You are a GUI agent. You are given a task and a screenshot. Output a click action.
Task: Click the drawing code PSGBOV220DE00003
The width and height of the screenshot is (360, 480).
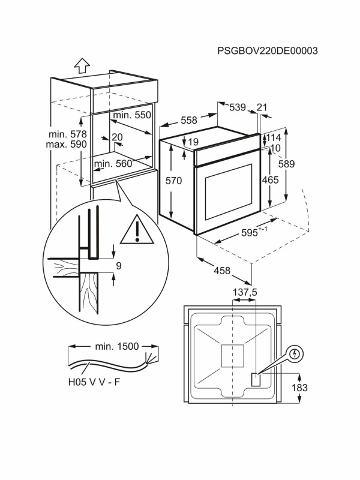267,50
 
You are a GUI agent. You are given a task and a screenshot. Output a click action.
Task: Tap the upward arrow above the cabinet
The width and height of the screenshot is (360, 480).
82,65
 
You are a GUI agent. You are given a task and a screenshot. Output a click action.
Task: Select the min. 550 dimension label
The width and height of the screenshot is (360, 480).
132,115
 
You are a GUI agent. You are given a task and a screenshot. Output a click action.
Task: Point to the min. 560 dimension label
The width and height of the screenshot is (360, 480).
113,163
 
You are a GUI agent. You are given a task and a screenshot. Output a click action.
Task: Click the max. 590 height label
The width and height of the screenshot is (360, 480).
67,144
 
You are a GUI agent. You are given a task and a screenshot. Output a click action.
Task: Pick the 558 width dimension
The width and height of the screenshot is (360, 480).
189,120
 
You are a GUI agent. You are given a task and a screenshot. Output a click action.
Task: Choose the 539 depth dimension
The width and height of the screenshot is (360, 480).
238,107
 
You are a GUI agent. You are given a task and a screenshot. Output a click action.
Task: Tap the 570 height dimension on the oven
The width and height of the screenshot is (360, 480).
173,181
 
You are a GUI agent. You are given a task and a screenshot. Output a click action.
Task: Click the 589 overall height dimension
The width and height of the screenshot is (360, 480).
287,164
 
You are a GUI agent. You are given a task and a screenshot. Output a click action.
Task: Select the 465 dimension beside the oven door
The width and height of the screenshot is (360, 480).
271,179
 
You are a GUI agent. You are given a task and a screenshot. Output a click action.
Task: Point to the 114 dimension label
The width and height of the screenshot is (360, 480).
274,137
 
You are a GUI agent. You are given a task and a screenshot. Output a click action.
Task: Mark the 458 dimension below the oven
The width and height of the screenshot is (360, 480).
222,271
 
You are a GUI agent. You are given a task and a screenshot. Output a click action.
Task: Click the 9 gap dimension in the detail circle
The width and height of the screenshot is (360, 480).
119,266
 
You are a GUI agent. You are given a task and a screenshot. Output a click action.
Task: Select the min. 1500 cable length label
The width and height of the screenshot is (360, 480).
117,346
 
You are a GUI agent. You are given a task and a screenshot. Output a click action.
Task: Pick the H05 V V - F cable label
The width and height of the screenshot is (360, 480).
94,382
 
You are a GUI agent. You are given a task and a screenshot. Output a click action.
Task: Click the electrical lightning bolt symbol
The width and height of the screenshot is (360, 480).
295,355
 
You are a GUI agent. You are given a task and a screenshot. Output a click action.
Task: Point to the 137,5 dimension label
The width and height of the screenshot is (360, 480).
245,292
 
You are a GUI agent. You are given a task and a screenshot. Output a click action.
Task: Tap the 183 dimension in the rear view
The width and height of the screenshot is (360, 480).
299,388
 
